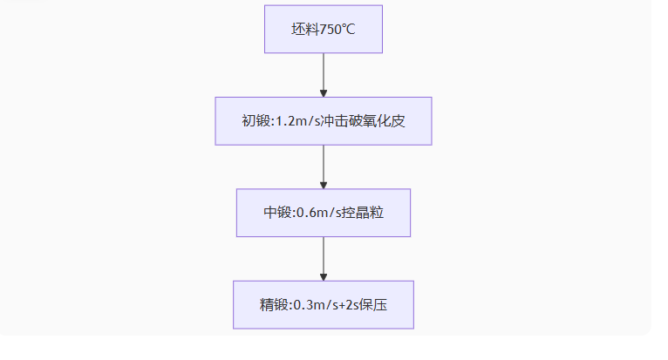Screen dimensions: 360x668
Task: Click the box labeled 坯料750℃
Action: pyautogui.click(x=323, y=29)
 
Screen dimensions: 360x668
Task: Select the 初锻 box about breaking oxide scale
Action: pyautogui.click(x=323, y=121)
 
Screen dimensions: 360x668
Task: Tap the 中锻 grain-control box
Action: pyautogui.click(x=323, y=213)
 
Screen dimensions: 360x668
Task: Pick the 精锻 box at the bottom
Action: pyautogui.click(x=323, y=304)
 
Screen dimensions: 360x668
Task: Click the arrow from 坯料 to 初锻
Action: pyautogui.click(x=324, y=75)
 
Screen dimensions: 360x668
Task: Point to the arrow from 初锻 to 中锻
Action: pyautogui.click(x=324, y=166)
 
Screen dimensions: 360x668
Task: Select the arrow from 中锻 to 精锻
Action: pyautogui.click(x=324, y=259)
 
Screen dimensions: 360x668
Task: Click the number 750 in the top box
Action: pyautogui.click(x=331, y=29)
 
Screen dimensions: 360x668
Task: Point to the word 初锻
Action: pyautogui.click(x=256, y=121)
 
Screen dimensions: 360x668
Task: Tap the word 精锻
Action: pyautogui.click(x=273, y=304)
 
